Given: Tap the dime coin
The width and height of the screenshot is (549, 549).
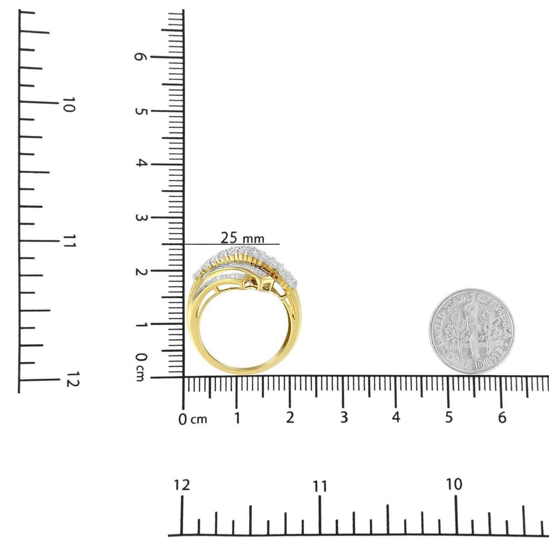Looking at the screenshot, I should pyautogui.click(x=471, y=331).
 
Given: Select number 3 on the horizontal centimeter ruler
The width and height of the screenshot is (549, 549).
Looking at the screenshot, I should pyautogui.click(x=343, y=418).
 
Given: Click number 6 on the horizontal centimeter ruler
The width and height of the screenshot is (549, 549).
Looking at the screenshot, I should pyautogui.click(x=502, y=418).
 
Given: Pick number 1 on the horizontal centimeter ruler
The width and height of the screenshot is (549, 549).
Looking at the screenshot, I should pyautogui.click(x=237, y=418).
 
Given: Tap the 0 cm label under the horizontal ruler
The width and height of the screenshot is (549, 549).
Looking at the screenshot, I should pyautogui.click(x=193, y=419).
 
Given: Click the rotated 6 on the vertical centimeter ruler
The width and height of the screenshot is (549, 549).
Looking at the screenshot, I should pyautogui.click(x=141, y=57).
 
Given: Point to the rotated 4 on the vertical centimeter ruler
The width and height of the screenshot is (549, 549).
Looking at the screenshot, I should pyautogui.click(x=141, y=164).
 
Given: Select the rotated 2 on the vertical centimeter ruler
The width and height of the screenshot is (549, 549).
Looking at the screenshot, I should pyautogui.click(x=141, y=271).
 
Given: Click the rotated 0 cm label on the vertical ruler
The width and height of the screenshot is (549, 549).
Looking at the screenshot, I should pyautogui.click(x=141, y=367).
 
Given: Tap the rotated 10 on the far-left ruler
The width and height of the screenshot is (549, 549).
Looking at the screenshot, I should pyautogui.click(x=69, y=104).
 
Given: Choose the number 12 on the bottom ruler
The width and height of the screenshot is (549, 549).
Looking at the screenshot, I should pyautogui.click(x=182, y=485).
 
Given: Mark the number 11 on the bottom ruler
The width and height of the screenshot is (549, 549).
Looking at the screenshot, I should pyautogui.click(x=320, y=486).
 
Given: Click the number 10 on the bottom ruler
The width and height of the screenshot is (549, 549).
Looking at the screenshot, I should pyautogui.click(x=454, y=484).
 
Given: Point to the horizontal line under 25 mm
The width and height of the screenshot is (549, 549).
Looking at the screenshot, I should pyautogui.click(x=232, y=244).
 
